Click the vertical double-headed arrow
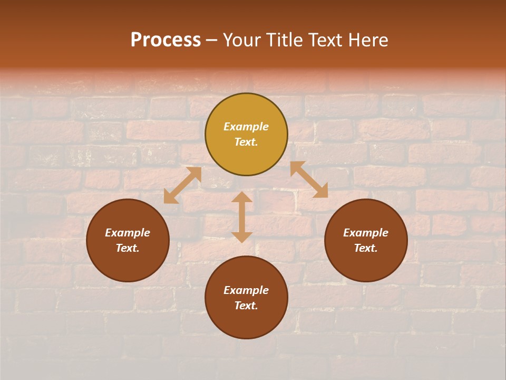pyautogui.click(x=242, y=217)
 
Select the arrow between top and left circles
pyautogui.click(x=182, y=185)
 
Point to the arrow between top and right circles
pyautogui.click(x=309, y=179)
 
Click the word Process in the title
pyautogui.click(x=166, y=40)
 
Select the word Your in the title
pyautogui.click(x=242, y=40)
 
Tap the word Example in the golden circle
pyautogui.click(x=246, y=127)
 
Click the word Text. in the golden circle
pyautogui.click(x=246, y=142)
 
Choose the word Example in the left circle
pyautogui.click(x=128, y=233)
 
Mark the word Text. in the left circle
pyautogui.click(x=128, y=248)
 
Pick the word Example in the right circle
pyautogui.click(x=366, y=233)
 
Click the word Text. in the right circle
pyautogui.click(x=366, y=248)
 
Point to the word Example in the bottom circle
pyautogui.click(x=246, y=290)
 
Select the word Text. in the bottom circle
pyautogui.click(x=246, y=306)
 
